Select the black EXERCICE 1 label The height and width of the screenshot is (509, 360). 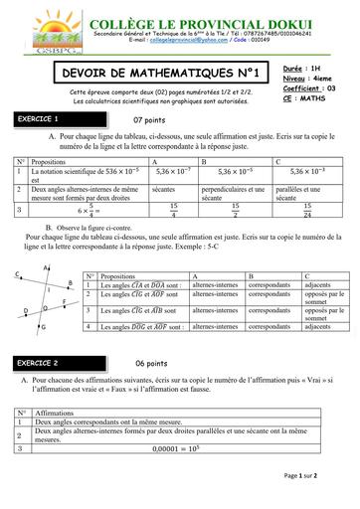44,118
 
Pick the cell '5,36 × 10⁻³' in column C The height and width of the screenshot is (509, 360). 295,171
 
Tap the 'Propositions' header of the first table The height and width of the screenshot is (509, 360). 50,159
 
